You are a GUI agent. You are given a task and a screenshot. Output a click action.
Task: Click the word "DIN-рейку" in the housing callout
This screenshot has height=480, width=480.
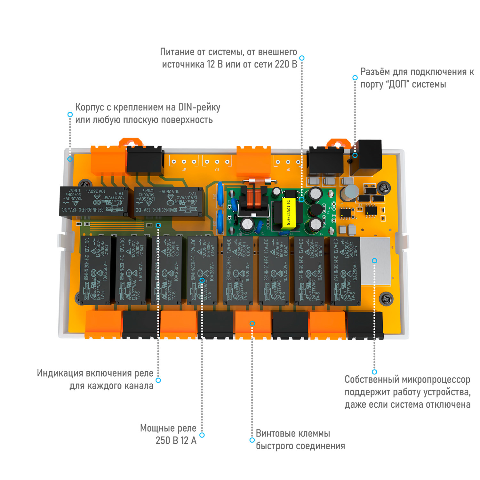pos(199,107)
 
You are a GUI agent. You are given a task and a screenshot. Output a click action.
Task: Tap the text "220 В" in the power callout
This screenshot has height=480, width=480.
pos(286,64)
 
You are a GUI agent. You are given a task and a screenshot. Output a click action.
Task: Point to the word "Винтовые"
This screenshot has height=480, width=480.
pos(275,434)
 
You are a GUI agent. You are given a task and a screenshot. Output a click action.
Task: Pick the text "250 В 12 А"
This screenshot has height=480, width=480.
pos(176,441)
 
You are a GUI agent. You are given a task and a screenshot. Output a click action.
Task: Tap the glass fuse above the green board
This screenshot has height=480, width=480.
pos(260,181)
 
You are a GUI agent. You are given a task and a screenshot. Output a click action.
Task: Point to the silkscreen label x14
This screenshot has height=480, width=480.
pos(184,170)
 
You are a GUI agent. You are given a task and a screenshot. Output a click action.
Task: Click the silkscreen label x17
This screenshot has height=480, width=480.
pos(288,170)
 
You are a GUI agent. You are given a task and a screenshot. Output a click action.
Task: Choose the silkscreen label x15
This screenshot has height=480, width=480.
pos(217,170)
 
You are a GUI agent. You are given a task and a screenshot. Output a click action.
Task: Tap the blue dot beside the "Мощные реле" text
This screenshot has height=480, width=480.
pos(202,435)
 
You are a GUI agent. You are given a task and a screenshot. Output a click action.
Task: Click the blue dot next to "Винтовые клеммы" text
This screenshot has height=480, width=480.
pos(252,440)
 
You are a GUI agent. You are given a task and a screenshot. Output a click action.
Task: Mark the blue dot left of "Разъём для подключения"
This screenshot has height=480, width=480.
pos(355,78)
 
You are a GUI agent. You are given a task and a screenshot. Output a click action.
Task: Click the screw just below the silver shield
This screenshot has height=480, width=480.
pos(386,299)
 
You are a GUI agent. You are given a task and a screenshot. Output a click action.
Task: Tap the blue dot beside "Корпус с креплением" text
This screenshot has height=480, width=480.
pos(70,115)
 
